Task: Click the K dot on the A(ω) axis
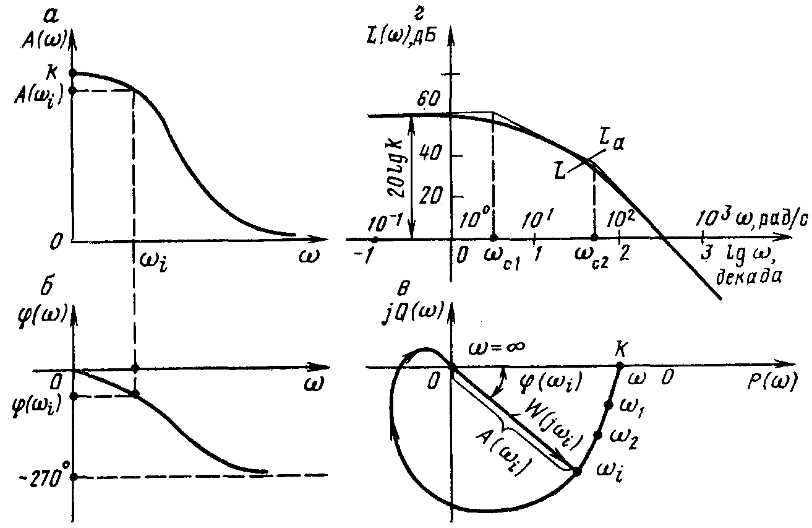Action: pos(73,73)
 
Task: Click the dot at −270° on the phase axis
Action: pos(74,477)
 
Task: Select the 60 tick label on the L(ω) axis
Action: pos(428,99)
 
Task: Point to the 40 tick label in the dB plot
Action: pos(430,154)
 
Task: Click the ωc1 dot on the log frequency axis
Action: pos(494,238)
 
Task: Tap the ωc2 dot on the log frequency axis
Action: pos(594,238)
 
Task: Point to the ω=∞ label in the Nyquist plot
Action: pos(497,347)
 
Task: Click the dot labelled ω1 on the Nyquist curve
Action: pos(609,405)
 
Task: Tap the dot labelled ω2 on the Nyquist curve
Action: pos(598,435)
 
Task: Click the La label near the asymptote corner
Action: pos(612,142)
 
